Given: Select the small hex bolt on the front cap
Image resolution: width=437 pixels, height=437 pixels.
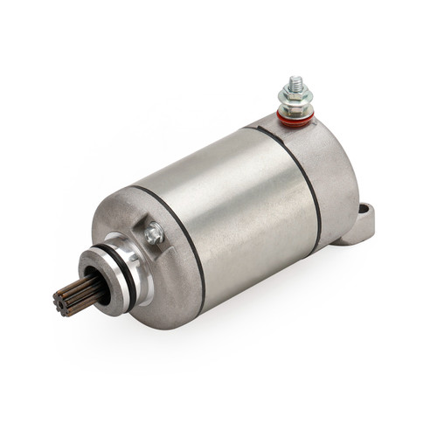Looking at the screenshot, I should pos(155,233).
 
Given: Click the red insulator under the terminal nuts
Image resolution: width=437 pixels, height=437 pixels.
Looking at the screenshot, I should pos(295,117).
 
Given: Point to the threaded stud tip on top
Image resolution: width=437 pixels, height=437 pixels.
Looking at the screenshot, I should pos(295,80).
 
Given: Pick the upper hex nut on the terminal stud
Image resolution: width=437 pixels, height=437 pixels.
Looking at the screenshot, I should pos(295,91).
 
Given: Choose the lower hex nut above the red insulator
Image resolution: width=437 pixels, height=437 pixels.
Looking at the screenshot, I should pos(295,107).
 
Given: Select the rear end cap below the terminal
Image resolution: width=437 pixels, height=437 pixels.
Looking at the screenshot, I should pos(332,166).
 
